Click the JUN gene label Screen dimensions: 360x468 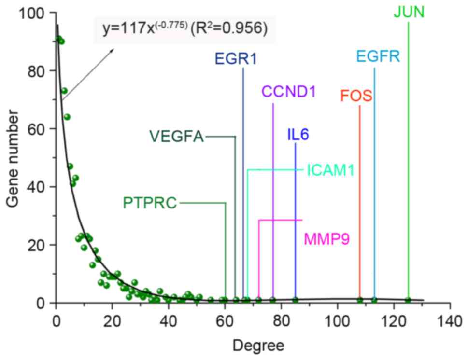[x=409, y=12]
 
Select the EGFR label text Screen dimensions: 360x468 [x=378, y=57]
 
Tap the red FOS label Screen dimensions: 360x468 [x=356, y=96]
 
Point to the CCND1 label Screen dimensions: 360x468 [x=288, y=91]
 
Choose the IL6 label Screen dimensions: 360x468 [x=298, y=135]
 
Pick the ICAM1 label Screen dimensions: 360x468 [x=331, y=170]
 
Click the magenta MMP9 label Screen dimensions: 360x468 [x=326, y=238]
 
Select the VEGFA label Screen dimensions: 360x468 [x=176, y=137]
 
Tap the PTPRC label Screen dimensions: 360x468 [x=150, y=203]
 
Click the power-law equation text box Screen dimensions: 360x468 [x=184, y=28]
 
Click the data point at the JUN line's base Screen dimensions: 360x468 [x=408, y=300]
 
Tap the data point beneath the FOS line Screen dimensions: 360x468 [x=360, y=300]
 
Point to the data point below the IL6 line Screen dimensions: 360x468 [x=295, y=300]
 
